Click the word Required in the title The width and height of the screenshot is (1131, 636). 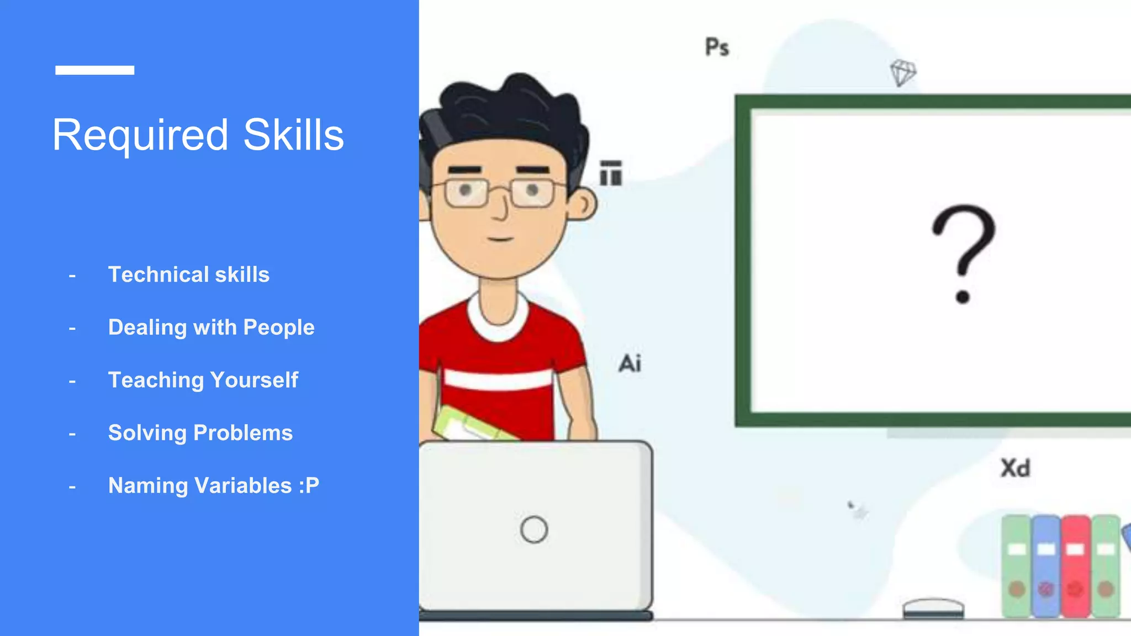click(140, 135)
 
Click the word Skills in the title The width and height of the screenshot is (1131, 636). click(293, 135)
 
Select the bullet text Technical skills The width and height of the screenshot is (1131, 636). click(188, 274)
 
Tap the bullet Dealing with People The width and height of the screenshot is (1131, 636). click(211, 327)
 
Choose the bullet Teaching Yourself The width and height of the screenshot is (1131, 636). click(203, 380)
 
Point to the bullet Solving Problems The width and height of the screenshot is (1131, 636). click(200, 433)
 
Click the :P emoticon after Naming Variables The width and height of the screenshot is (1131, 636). click(309, 486)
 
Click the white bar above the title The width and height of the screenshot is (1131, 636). click(94, 70)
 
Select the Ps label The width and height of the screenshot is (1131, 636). click(717, 47)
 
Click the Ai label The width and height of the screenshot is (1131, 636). click(630, 364)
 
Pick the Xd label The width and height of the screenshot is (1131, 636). click(1015, 468)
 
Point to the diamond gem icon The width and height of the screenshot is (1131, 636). click(903, 72)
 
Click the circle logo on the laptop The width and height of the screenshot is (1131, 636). click(533, 529)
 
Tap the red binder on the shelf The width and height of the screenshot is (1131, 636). click(1075, 566)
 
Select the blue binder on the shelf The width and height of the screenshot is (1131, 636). click(1045, 566)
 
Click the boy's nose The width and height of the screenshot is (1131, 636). click(501, 208)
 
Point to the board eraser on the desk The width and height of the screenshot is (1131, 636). click(933, 608)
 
